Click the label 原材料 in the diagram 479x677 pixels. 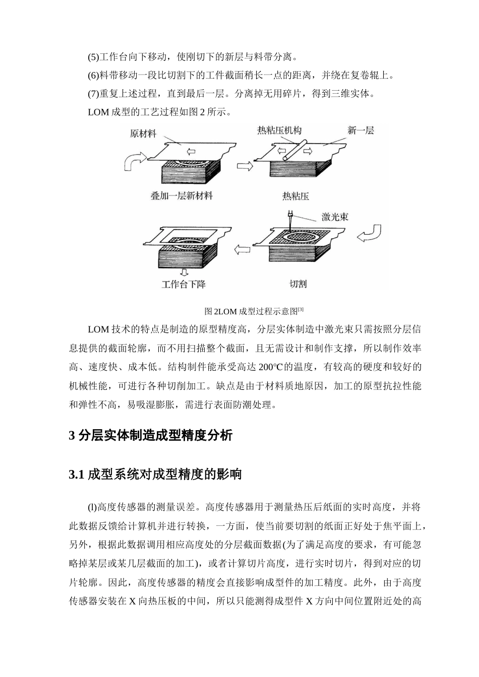tap(143, 134)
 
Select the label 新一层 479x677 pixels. tap(361, 130)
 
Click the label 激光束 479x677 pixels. tap(335, 217)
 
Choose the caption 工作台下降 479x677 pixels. tap(184, 284)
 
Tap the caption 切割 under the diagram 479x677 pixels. tap(298, 284)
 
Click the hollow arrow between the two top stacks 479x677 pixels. tap(245, 166)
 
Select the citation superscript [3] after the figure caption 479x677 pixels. tap(301, 309)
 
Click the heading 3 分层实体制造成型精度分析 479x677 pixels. tap(150, 435)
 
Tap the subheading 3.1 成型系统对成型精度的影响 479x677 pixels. tap(155, 474)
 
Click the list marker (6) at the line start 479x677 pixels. tap(94, 76)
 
